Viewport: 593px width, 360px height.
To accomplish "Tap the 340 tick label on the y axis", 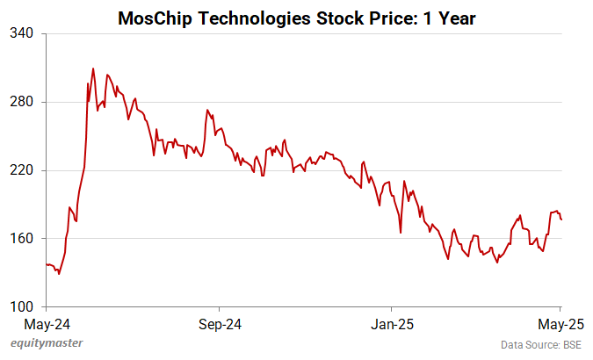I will click(21, 33).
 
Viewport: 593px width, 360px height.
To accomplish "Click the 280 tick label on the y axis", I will click(21, 102).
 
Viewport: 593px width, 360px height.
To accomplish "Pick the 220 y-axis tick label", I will click(21, 170).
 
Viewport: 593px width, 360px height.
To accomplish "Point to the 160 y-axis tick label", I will click(21, 239).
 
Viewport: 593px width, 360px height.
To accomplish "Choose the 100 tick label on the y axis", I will click(21, 306).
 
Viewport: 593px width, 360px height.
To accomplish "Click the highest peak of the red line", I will click(93, 68).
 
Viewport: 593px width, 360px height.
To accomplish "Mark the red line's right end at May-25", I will click(561, 220).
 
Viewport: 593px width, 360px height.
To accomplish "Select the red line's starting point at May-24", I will click(47, 264).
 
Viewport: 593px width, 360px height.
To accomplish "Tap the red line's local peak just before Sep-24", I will click(207, 111).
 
